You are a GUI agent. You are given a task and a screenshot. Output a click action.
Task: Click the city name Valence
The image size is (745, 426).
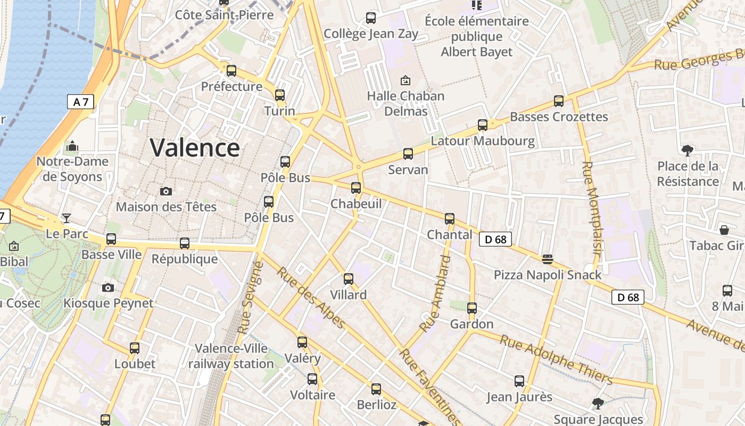point(195,148)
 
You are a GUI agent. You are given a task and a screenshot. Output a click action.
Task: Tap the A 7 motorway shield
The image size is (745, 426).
point(80,102)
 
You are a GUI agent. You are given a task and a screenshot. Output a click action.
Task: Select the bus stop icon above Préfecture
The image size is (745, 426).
point(231,71)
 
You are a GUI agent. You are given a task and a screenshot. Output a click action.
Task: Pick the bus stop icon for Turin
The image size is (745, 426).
point(280,95)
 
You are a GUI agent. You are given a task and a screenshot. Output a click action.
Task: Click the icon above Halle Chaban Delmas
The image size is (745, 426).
point(405,80)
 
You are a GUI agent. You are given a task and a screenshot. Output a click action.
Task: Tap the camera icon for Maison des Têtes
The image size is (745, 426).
point(166,191)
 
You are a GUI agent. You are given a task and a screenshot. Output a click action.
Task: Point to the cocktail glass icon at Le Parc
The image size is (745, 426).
point(67,218)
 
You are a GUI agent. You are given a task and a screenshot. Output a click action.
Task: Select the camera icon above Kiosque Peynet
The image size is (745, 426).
point(108,288)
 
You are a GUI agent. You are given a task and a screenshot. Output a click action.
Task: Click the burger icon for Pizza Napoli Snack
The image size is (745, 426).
point(548,259)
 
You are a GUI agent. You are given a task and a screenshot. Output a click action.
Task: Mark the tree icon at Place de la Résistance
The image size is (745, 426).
point(688,151)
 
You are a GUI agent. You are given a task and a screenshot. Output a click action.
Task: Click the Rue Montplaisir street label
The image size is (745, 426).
point(591,211)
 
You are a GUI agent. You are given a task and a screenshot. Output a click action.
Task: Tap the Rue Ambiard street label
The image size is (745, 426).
point(436,294)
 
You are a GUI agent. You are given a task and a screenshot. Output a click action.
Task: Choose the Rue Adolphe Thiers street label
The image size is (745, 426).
point(556,359)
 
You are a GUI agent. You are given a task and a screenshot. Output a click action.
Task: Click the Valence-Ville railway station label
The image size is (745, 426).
point(231,356)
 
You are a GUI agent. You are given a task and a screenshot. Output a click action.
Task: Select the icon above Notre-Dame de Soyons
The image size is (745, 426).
point(72,146)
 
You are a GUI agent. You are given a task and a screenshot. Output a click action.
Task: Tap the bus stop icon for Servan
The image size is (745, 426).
point(408,154)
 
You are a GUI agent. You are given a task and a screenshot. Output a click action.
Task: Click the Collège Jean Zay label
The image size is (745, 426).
point(371,34)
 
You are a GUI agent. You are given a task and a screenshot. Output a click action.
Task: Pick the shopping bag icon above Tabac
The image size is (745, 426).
point(724,230)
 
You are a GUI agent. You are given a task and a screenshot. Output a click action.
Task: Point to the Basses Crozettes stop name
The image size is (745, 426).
point(559,117)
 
